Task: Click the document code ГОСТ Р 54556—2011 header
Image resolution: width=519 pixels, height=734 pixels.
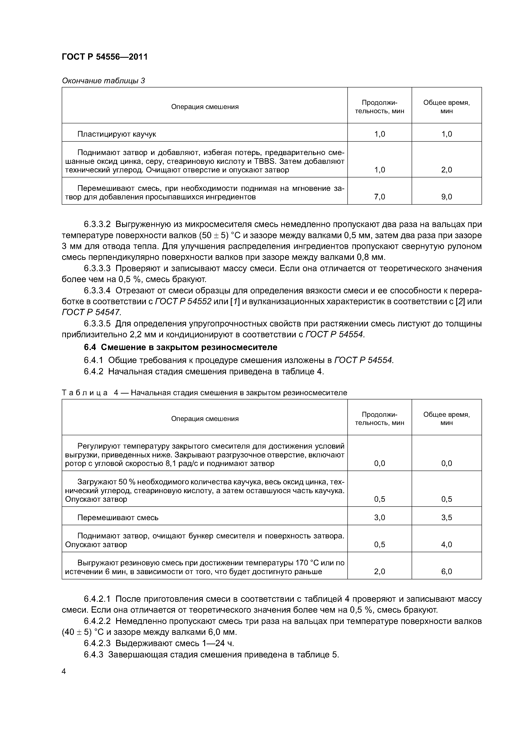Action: tap(105, 57)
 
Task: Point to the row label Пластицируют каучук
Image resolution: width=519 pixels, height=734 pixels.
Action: tap(117, 134)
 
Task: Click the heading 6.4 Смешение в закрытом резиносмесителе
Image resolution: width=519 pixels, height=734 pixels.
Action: tap(181, 347)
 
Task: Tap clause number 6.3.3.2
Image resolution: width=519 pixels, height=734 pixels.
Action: tap(97, 225)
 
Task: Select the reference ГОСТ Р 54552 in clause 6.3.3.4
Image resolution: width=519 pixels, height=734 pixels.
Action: tap(183, 302)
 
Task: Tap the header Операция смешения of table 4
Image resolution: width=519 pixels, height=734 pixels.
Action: tap(205, 419)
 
